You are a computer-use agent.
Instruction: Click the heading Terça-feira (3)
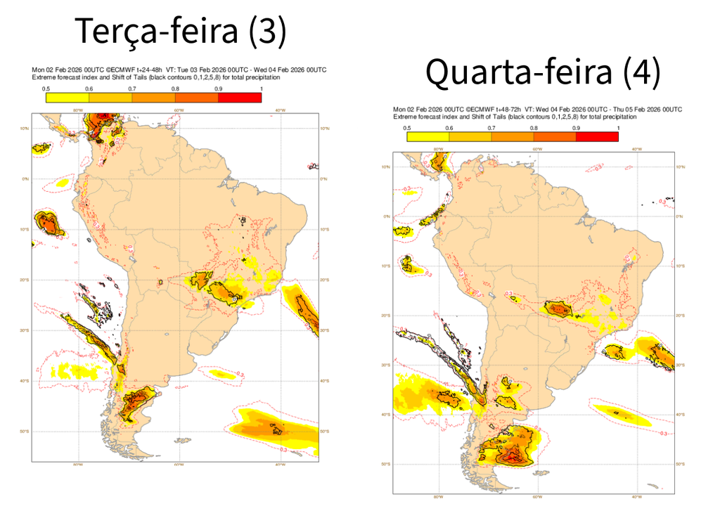pyautogui.click(x=181, y=31)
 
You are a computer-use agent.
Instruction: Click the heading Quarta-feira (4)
pyautogui.click(x=543, y=73)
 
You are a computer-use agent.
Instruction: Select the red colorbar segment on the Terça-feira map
pyautogui.click(x=240, y=98)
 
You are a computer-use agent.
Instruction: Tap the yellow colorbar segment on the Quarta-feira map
pyautogui.click(x=427, y=137)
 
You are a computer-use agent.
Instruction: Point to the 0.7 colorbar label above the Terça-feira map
pyautogui.click(x=132, y=89)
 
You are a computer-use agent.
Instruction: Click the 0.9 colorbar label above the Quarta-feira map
pyautogui.click(x=576, y=128)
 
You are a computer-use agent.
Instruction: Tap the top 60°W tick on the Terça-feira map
pyautogui.click(x=179, y=110)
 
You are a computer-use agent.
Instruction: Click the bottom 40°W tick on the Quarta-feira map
pyautogui.click(x=636, y=495)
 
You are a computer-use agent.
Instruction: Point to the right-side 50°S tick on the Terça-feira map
pyautogui.click(x=325, y=432)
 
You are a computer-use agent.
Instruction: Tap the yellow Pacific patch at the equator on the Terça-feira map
pyautogui.click(x=62, y=183)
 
